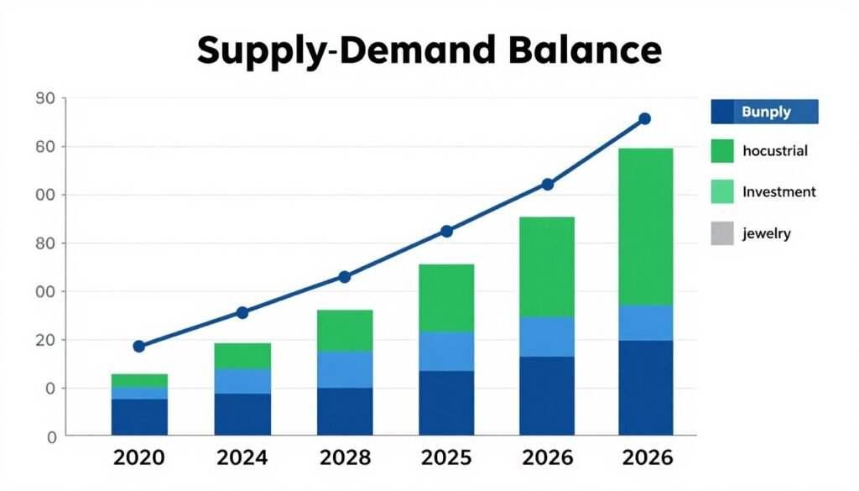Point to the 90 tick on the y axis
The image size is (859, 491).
(44, 99)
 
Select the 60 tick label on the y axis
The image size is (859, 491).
(44, 147)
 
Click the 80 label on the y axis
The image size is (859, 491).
(44, 243)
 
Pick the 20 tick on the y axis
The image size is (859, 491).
(44, 340)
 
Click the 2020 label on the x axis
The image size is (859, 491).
(138, 458)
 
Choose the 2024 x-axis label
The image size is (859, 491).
(242, 458)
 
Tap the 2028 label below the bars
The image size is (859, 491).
(344, 458)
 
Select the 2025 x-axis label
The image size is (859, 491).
(445, 458)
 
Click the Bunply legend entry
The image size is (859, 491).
(764, 112)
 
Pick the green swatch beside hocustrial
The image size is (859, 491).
(722, 151)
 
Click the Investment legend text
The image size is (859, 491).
(778, 191)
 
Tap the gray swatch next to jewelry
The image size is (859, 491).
(722, 232)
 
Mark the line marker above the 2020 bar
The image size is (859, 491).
(139, 346)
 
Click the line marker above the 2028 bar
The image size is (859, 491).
(344, 277)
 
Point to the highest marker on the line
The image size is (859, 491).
(644, 118)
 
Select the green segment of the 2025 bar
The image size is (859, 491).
(446, 298)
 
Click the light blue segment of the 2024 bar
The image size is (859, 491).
(242, 381)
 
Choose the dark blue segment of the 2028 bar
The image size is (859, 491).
(344, 411)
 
